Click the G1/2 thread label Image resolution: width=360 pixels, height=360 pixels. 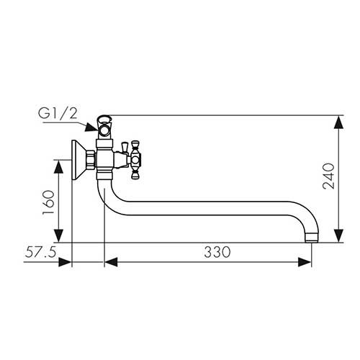point(58,114)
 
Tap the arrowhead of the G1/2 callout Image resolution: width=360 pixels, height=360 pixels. point(92,127)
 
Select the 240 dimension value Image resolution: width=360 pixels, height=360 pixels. point(328,176)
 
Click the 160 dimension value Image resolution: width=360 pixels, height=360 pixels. point(48,203)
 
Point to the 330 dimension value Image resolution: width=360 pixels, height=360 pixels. point(217,252)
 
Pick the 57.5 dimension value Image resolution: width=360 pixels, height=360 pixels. point(40,252)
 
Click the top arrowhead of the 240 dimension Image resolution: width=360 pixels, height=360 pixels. point(338,122)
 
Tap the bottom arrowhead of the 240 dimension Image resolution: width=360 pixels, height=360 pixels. point(338,235)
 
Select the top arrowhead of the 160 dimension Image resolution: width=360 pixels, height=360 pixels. point(58,166)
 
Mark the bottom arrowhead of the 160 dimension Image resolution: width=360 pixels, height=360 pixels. point(58,235)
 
